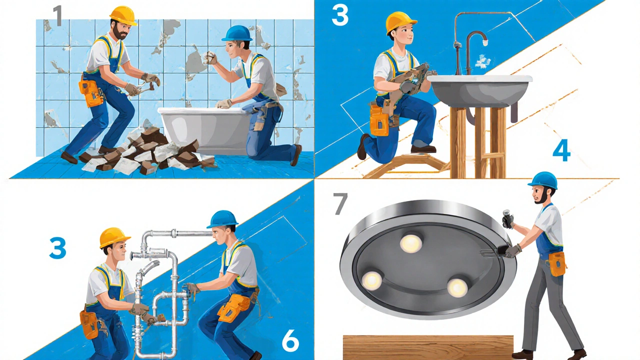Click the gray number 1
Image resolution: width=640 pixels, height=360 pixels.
(x=58, y=16)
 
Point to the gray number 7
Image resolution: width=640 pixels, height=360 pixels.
(x=340, y=203)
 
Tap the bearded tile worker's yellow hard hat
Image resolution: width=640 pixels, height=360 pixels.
(x=123, y=15)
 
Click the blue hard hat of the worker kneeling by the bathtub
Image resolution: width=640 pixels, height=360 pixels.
(x=237, y=33)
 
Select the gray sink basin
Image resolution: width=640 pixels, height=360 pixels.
(x=480, y=90)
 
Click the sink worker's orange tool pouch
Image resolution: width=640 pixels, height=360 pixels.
(x=379, y=120)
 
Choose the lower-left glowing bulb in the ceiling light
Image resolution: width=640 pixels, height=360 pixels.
(x=371, y=281)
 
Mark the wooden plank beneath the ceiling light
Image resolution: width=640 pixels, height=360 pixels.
(x=428, y=347)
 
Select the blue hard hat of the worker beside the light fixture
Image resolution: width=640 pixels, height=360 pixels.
(x=543, y=180)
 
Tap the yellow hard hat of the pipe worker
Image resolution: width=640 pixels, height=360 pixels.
(x=114, y=237)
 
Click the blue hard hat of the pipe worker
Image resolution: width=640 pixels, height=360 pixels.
(x=222, y=219)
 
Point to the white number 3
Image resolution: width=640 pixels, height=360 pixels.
(x=340, y=15)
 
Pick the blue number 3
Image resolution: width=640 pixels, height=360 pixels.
(x=57, y=248)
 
